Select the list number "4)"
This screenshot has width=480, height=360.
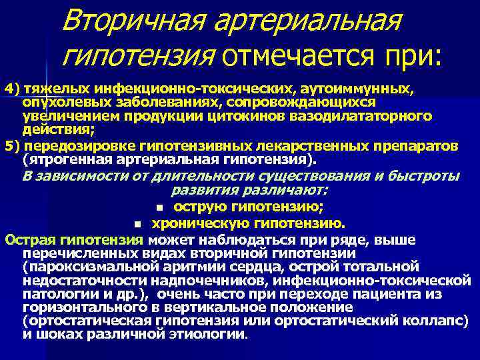[13, 88]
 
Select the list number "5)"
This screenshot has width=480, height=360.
[13, 146]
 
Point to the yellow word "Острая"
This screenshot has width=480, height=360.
[25, 239]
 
